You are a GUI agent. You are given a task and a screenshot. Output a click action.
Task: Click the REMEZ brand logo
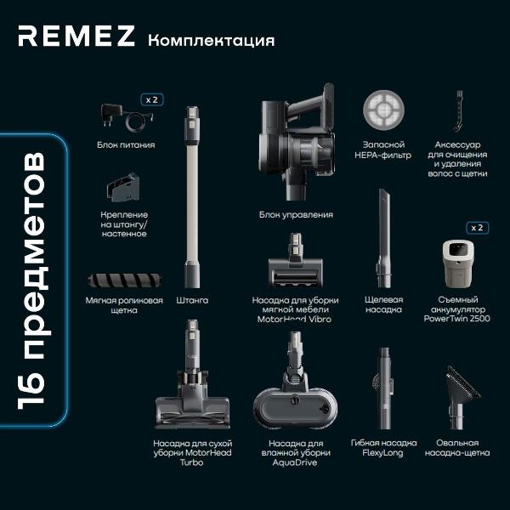coord(76,36)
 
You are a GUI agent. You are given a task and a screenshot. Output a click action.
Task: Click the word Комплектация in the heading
coord(212,41)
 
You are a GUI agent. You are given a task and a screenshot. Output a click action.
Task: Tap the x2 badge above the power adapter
coord(152,99)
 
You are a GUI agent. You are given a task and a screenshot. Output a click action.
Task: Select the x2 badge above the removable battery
coord(477,228)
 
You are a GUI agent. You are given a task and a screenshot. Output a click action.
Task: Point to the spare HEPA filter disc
coord(383,110)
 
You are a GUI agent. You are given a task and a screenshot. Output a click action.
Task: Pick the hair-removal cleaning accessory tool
coord(458,110)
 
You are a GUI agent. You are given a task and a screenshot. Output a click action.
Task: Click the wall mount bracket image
coord(123,187)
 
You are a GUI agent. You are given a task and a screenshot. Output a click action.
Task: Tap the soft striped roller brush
coord(125,280)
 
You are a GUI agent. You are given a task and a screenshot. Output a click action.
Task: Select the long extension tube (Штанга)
coord(192,197)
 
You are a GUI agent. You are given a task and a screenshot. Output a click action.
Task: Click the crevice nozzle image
coord(384,238)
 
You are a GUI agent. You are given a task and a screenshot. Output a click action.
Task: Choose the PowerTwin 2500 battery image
coord(458,263)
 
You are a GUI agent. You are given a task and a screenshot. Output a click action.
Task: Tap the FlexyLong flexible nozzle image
coord(384,388)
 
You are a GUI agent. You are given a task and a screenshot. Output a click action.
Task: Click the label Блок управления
coord(296,215)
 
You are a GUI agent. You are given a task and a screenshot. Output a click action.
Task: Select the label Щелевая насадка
coord(384,304)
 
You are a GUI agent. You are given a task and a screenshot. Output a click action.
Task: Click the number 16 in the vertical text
coord(31,393)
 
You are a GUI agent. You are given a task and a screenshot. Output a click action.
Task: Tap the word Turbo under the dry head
coord(192,462)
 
